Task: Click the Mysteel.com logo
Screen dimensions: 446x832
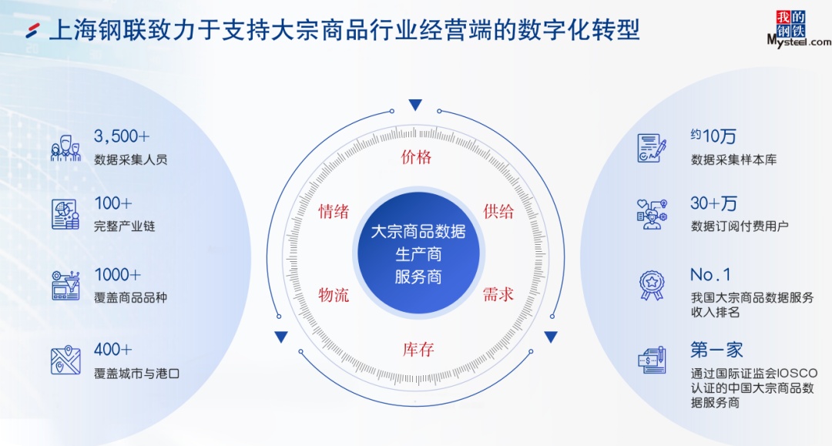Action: [798, 29]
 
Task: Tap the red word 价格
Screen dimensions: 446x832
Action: [417, 158]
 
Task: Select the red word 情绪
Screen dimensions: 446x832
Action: [334, 212]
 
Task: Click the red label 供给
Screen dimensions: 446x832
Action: [498, 212]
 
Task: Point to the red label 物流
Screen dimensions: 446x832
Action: [334, 294]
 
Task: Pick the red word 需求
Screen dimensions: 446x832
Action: [498, 294]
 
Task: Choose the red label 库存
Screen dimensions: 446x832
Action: [418, 349]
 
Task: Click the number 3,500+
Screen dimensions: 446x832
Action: [122, 136]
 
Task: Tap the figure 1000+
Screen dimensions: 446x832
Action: [118, 275]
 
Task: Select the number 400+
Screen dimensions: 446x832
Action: [113, 350]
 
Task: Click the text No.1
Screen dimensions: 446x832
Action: [710, 275]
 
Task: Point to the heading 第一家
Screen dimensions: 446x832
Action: [716, 350]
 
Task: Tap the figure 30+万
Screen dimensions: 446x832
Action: [713, 203]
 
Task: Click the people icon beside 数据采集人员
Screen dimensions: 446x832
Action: [65, 147]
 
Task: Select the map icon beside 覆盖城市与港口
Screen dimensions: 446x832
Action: [65, 360]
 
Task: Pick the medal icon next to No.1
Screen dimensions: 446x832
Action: [652, 285]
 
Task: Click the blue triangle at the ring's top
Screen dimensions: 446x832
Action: [416, 106]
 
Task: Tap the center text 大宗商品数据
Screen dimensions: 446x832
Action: [418, 232]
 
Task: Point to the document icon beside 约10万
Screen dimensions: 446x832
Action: [652, 147]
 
